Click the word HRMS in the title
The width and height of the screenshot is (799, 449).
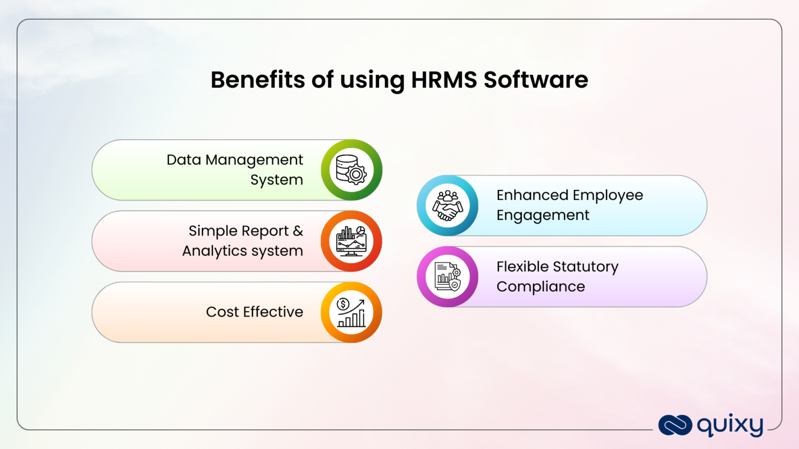pyautogui.click(x=444, y=80)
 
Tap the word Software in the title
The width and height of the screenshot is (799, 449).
pyautogui.click(x=536, y=80)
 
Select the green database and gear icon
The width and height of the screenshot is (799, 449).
pyautogui.click(x=352, y=170)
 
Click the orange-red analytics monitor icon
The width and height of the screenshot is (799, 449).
pyautogui.click(x=352, y=241)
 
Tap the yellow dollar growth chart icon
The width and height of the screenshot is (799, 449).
pyautogui.click(x=352, y=312)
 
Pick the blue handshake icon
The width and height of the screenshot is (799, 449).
pyautogui.click(x=447, y=206)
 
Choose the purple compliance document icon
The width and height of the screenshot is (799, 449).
pyautogui.click(x=447, y=277)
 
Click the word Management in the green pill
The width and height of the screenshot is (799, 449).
pyautogui.click(x=254, y=160)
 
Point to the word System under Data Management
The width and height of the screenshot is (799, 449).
pyautogui.click(x=276, y=180)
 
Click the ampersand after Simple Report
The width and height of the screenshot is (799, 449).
pyautogui.click(x=298, y=231)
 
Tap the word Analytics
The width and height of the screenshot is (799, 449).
pyautogui.click(x=214, y=251)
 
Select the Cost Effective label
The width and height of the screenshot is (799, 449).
pyautogui.click(x=254, y=312)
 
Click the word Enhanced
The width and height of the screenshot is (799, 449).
pyautogui.click(x=532, y=195)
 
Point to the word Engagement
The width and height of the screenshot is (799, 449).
pyautogui.click(x=543, y=216)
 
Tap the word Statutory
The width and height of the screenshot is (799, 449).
pyautogui.click(x=586, y=267)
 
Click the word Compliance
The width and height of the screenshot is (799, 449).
pyautogui.click(x=540, y=287)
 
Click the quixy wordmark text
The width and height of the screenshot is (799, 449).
pyautogui.click(x=730, y=426)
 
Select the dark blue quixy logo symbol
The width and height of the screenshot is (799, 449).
pyautogui.click(x=675, y=425)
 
